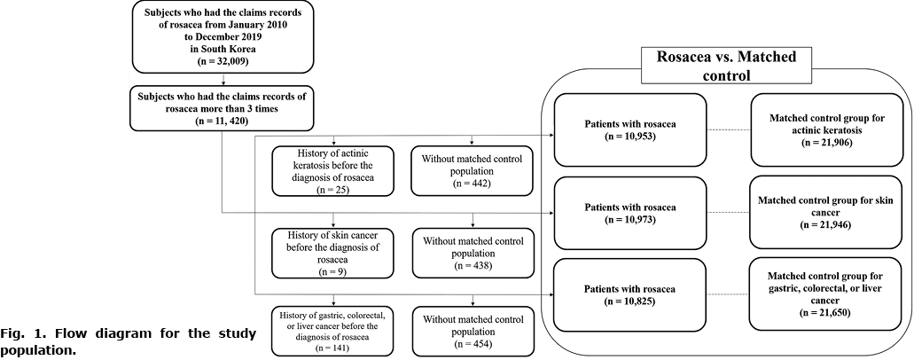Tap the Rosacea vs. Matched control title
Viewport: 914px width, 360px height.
click(x=726, y=66)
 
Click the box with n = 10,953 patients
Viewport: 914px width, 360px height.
click(x=630, y=130)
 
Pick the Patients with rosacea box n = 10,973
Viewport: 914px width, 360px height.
click(x=630, y=213)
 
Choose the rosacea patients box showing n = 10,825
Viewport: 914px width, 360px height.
click(x=630, y=294)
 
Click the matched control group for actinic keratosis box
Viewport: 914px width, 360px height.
click(x=826, y=130)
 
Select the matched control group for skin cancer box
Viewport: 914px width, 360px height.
click(x=826, y=213)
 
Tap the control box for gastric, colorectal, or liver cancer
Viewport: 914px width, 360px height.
click(x=826, y=294)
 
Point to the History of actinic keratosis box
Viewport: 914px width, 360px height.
click(x=332, y=170)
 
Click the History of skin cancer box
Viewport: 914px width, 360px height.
click(x=332, y=253)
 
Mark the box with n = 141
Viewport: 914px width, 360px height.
click(x=332, y=331)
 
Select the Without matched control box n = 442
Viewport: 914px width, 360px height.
click(x=473, y=170)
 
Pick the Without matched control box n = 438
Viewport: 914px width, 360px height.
click(x=473, y=253)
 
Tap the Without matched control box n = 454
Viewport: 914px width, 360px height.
click(x=473, y=331)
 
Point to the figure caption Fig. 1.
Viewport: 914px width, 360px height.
click(x=129, y=343)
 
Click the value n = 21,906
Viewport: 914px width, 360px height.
click(x=826, y=143)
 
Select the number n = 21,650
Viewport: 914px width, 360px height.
click(x=826, y=312)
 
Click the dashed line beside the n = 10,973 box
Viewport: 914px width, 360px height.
click(x=729, y=213)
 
